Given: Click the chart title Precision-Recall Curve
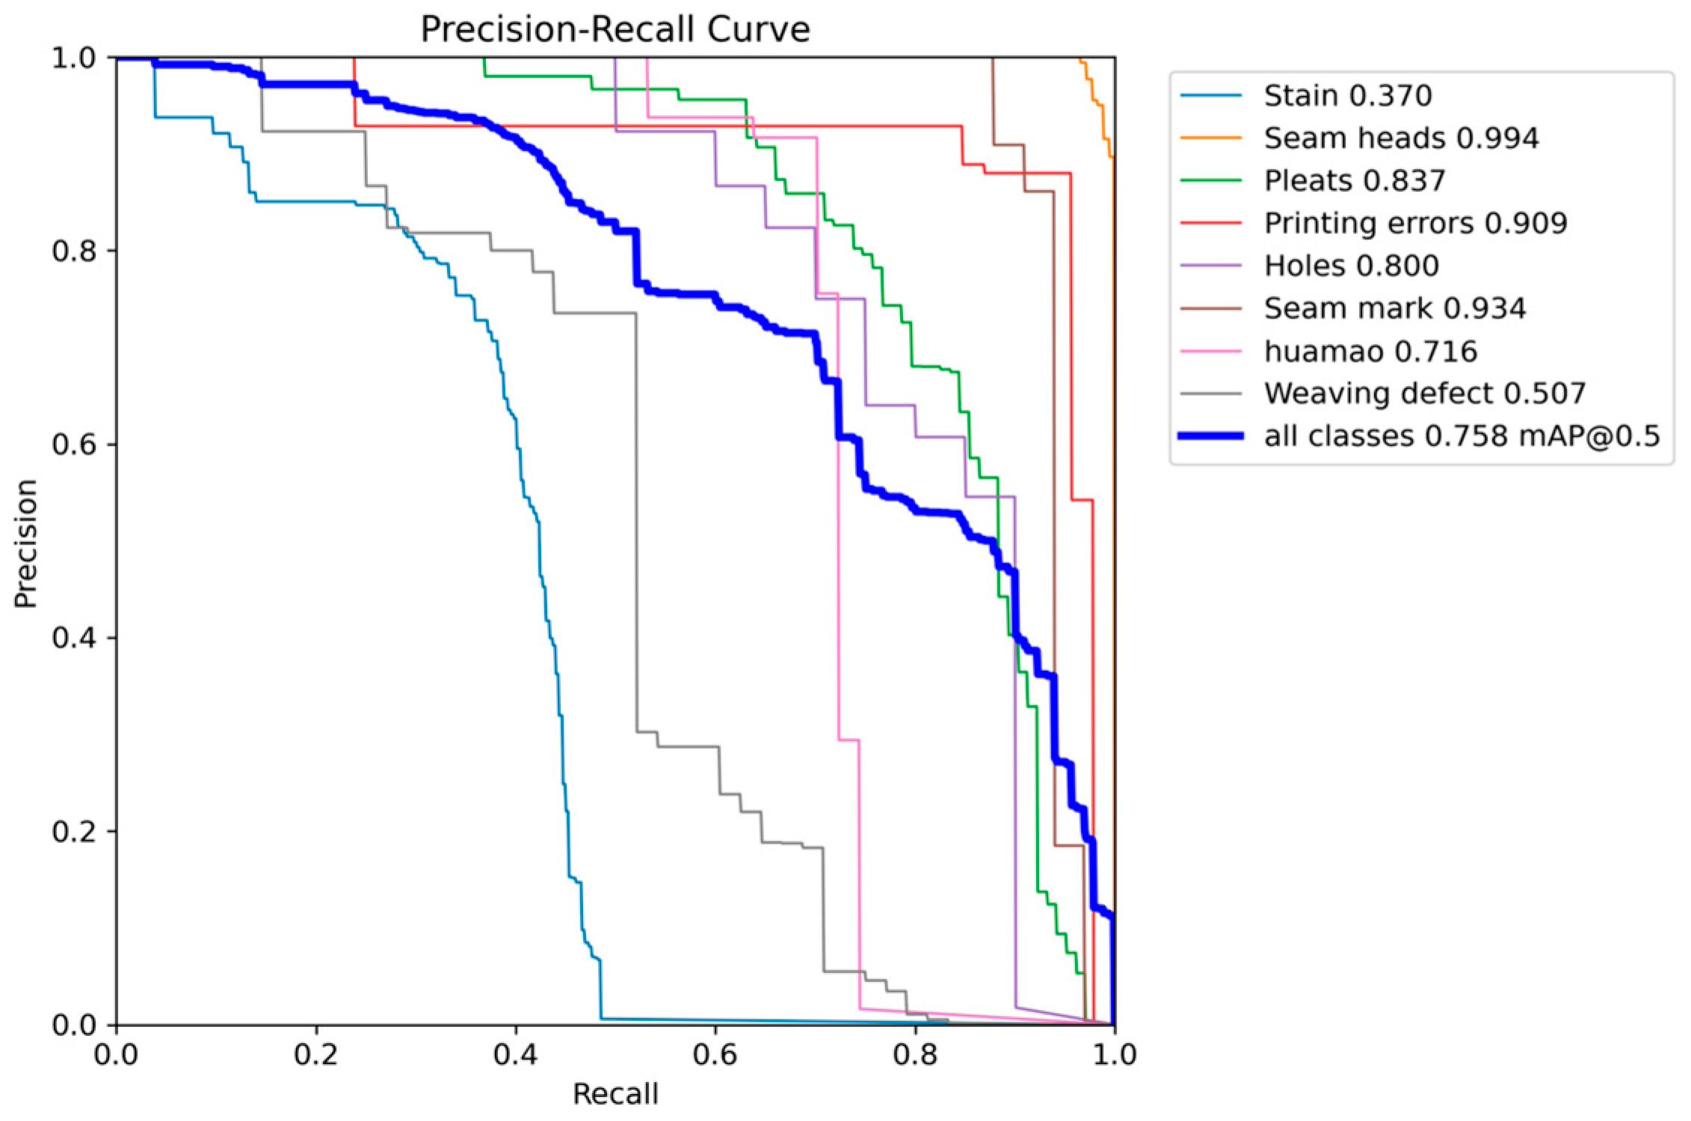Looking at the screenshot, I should click(615, 30).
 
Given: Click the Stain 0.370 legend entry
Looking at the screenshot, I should click(1347, 96).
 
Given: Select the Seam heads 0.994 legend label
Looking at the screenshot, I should click(1401, 138).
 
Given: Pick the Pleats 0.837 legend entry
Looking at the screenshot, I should click(1355, 181).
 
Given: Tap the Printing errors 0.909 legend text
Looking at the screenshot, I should click(1415, 224).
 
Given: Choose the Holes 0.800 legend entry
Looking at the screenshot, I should click(1351, 266).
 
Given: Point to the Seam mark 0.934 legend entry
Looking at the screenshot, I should click(1394, 308).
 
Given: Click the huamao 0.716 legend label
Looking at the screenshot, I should click(1370, 351).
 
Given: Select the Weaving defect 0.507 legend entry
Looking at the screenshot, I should click(1424, 393).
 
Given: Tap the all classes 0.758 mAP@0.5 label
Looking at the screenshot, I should click(1461, 436).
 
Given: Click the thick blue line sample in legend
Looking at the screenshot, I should click(1211, 436).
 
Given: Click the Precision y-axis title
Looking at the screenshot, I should click(25, 544).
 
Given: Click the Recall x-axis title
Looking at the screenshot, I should click(615, 1094).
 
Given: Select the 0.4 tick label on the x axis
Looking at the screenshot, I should click(516, 1055).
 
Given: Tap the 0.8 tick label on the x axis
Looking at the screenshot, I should click(915, 1055).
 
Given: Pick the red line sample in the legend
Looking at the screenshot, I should click(1211, 224).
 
